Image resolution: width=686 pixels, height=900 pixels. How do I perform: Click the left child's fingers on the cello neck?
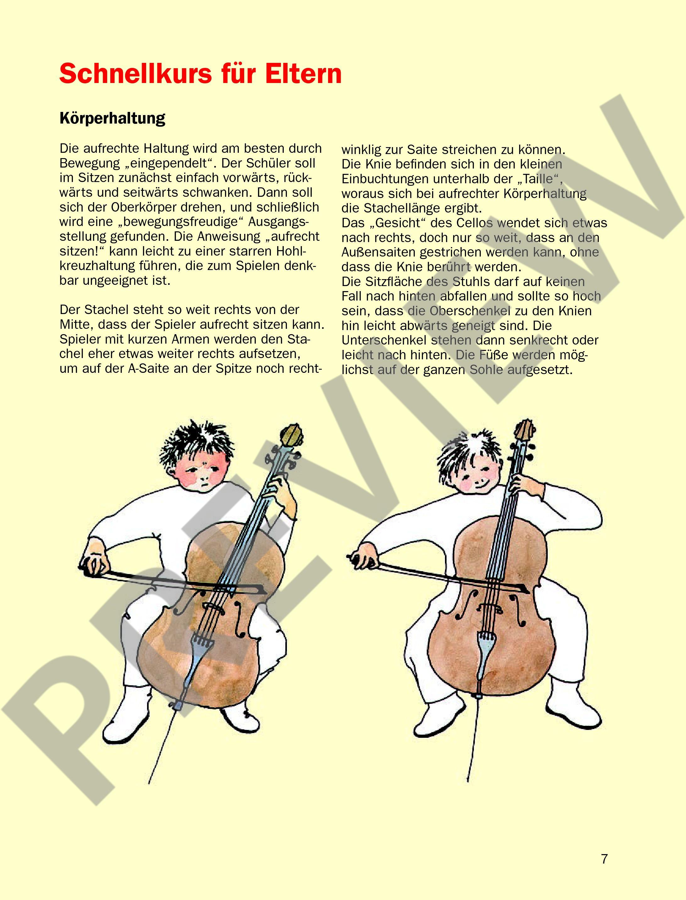click(x=282, y=490)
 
